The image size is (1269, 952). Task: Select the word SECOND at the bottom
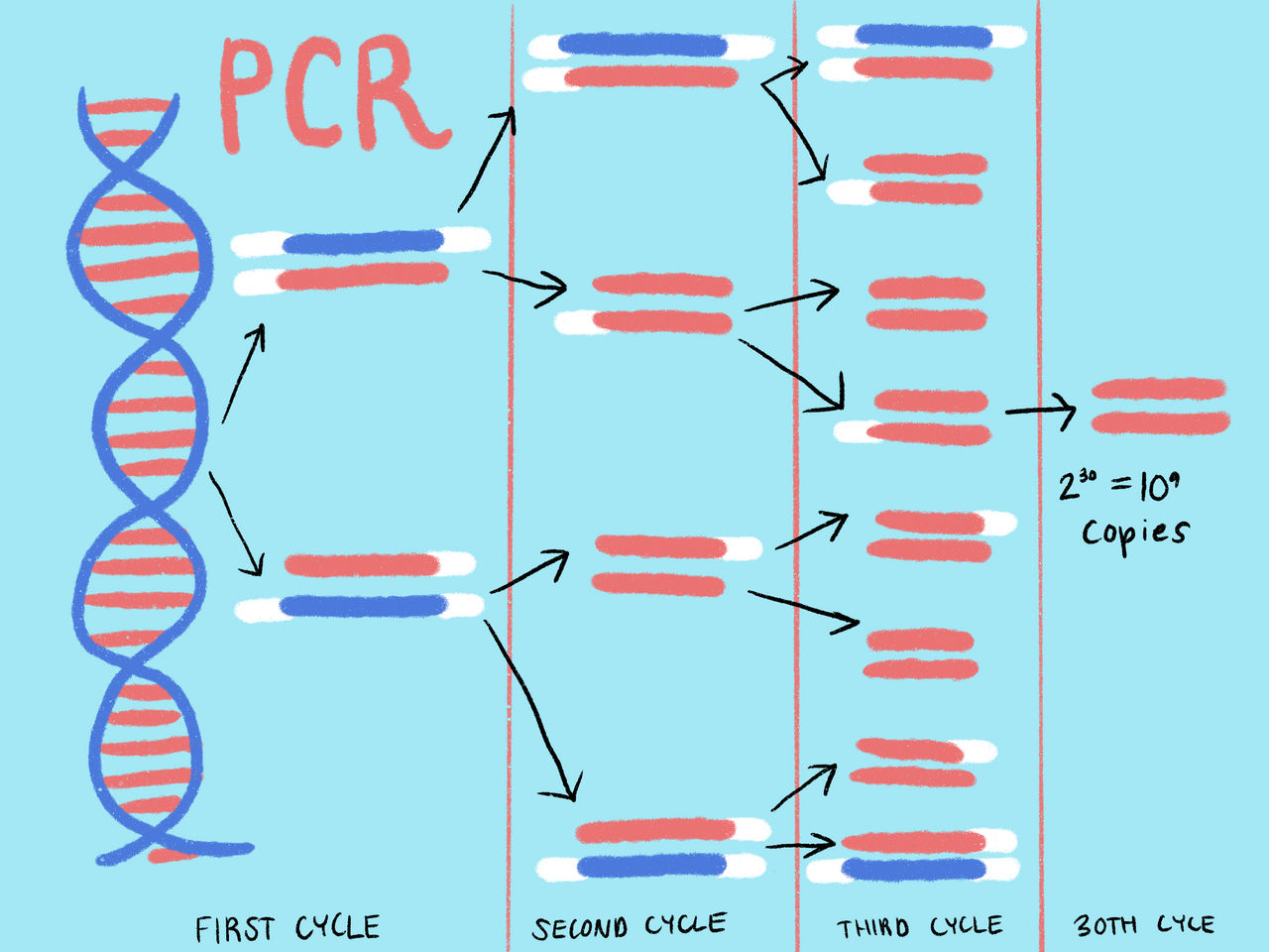(x=580, y=928)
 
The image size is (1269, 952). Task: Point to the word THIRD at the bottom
(x=872, y=928)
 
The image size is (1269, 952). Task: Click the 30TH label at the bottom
(x=1105, y=925)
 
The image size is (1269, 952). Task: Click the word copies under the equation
(x=1134, y=532)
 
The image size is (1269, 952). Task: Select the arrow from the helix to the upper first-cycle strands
(x=244, y=373)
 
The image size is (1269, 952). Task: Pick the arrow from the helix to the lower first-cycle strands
(x=238, y=526)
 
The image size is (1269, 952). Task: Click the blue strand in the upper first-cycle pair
(x=363, y=242)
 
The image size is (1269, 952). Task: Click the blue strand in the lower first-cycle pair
(x=362, y=605)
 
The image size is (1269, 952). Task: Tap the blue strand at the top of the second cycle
(x=642, y=45)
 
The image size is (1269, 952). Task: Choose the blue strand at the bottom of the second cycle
(x=650, y=865)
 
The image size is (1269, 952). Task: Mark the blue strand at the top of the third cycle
(x=923, y=37)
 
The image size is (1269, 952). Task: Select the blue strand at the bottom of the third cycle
(x=913, y=870)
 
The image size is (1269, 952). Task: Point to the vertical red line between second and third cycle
(x=795, y=476)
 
